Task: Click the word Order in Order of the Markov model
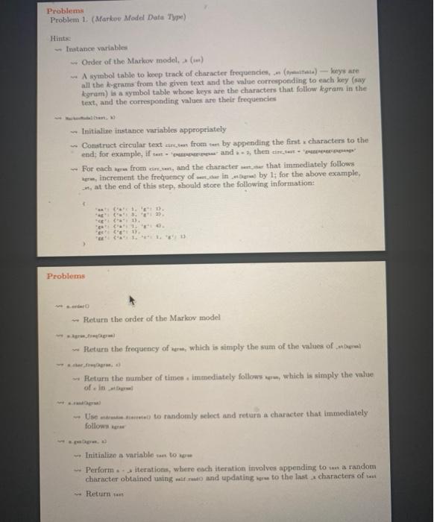pos(95,61)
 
